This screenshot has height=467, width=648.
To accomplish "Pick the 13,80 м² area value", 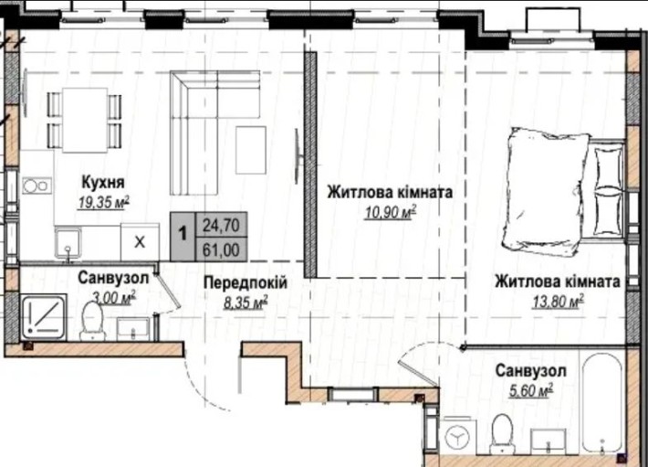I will click(x=555, y=300).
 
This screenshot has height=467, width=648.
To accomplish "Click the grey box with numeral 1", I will click(x=183, y=234).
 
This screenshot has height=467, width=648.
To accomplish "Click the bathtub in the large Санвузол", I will click(x=603, y=402).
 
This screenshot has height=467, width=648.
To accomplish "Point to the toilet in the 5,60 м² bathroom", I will click(x=500, y=431).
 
